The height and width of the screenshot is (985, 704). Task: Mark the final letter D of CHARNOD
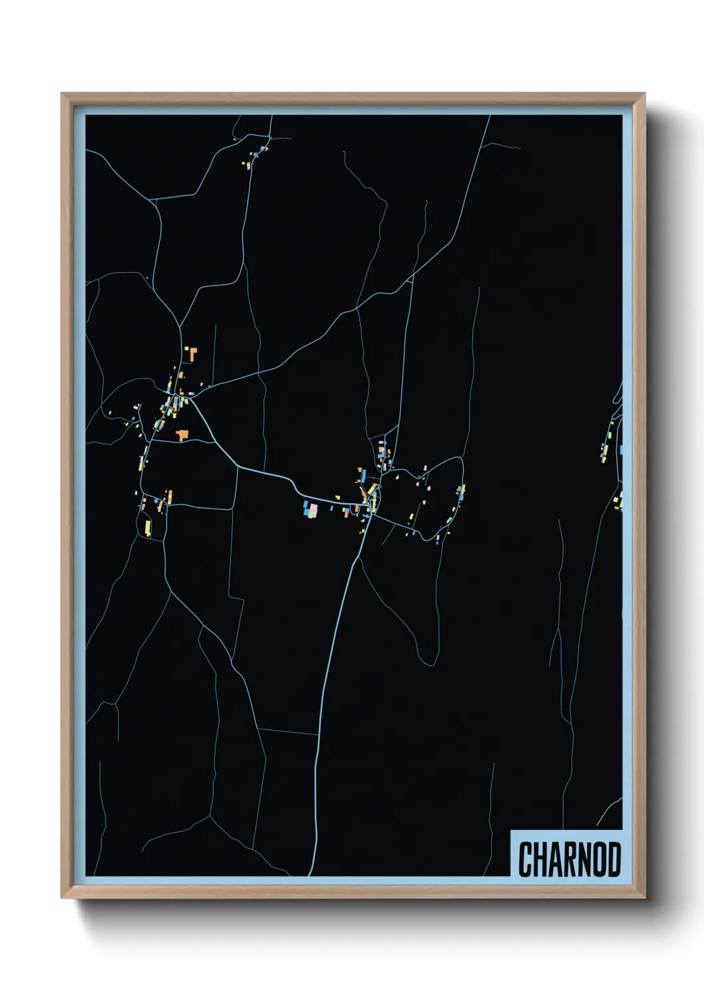point(616,859)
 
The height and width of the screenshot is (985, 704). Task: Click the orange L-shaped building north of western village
point(194,353)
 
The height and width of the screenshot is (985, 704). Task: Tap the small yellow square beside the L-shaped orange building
point(186,348)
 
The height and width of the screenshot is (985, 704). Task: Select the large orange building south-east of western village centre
point(182,435)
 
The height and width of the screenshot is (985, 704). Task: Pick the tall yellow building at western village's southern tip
point(148,528)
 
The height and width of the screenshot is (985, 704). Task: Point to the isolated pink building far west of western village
point(110,413)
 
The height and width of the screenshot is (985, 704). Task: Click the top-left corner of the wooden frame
point(62,94)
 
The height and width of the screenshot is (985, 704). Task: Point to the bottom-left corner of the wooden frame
point(62,898)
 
